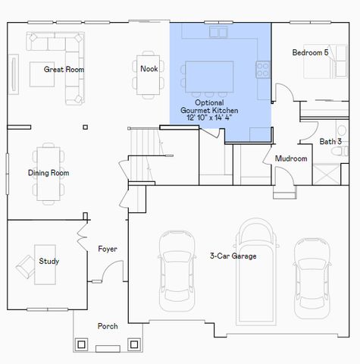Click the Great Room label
coord(64,69)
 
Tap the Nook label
coord(149,68)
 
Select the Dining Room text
coord(49,173)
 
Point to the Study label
coord(49,262)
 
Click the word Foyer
coord(108,249)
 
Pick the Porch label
coord(108,326)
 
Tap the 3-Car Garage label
coord(233,256)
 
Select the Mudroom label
coord(290,158)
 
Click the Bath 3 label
coord(330,141)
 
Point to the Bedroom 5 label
coord(311,52)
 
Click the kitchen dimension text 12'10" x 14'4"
coord(207,118)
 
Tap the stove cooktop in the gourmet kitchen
coord(263,70)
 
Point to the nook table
coord(149,75)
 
